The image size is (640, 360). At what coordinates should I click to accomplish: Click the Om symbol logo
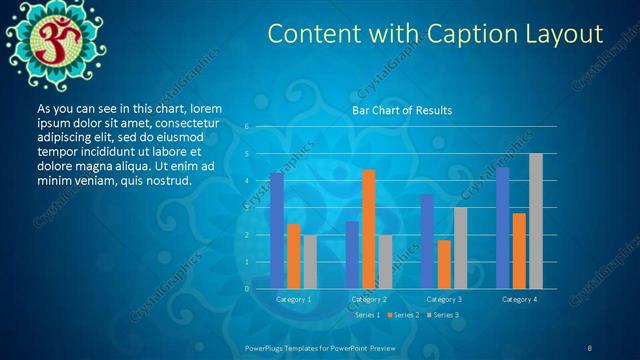click(x=45, y=37)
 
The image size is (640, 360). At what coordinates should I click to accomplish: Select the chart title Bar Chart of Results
click(x=402, y=109)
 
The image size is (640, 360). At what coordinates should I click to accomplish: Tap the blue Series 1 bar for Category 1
click(x=277, y=231)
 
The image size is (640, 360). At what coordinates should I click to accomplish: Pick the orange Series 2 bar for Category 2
click(x=369, y=229)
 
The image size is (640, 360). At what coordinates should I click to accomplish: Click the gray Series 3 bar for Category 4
click(x=536, y=221)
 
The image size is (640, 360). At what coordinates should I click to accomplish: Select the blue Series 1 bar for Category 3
click(x=427, y=241)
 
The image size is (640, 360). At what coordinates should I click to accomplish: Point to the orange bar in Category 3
click(x=443, y=264)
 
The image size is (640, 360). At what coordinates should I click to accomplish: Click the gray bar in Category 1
click(x=309, y=262)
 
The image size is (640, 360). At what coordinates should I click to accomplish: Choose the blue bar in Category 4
click(x=503, y=228)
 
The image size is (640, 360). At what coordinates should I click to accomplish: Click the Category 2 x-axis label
click(x=369, y=299)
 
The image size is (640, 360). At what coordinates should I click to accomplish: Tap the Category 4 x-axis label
click(x=519, y=299)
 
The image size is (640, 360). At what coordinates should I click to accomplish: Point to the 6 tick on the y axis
click(x=246, y=127)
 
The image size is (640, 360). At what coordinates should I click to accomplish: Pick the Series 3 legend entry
click(x=444, y=315)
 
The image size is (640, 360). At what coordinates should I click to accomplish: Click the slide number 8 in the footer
click(x=590, y=347)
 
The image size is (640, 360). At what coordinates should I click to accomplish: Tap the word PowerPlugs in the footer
click(x=267, y=347)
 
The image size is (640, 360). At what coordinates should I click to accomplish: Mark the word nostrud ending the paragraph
click(x=167, y=180)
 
